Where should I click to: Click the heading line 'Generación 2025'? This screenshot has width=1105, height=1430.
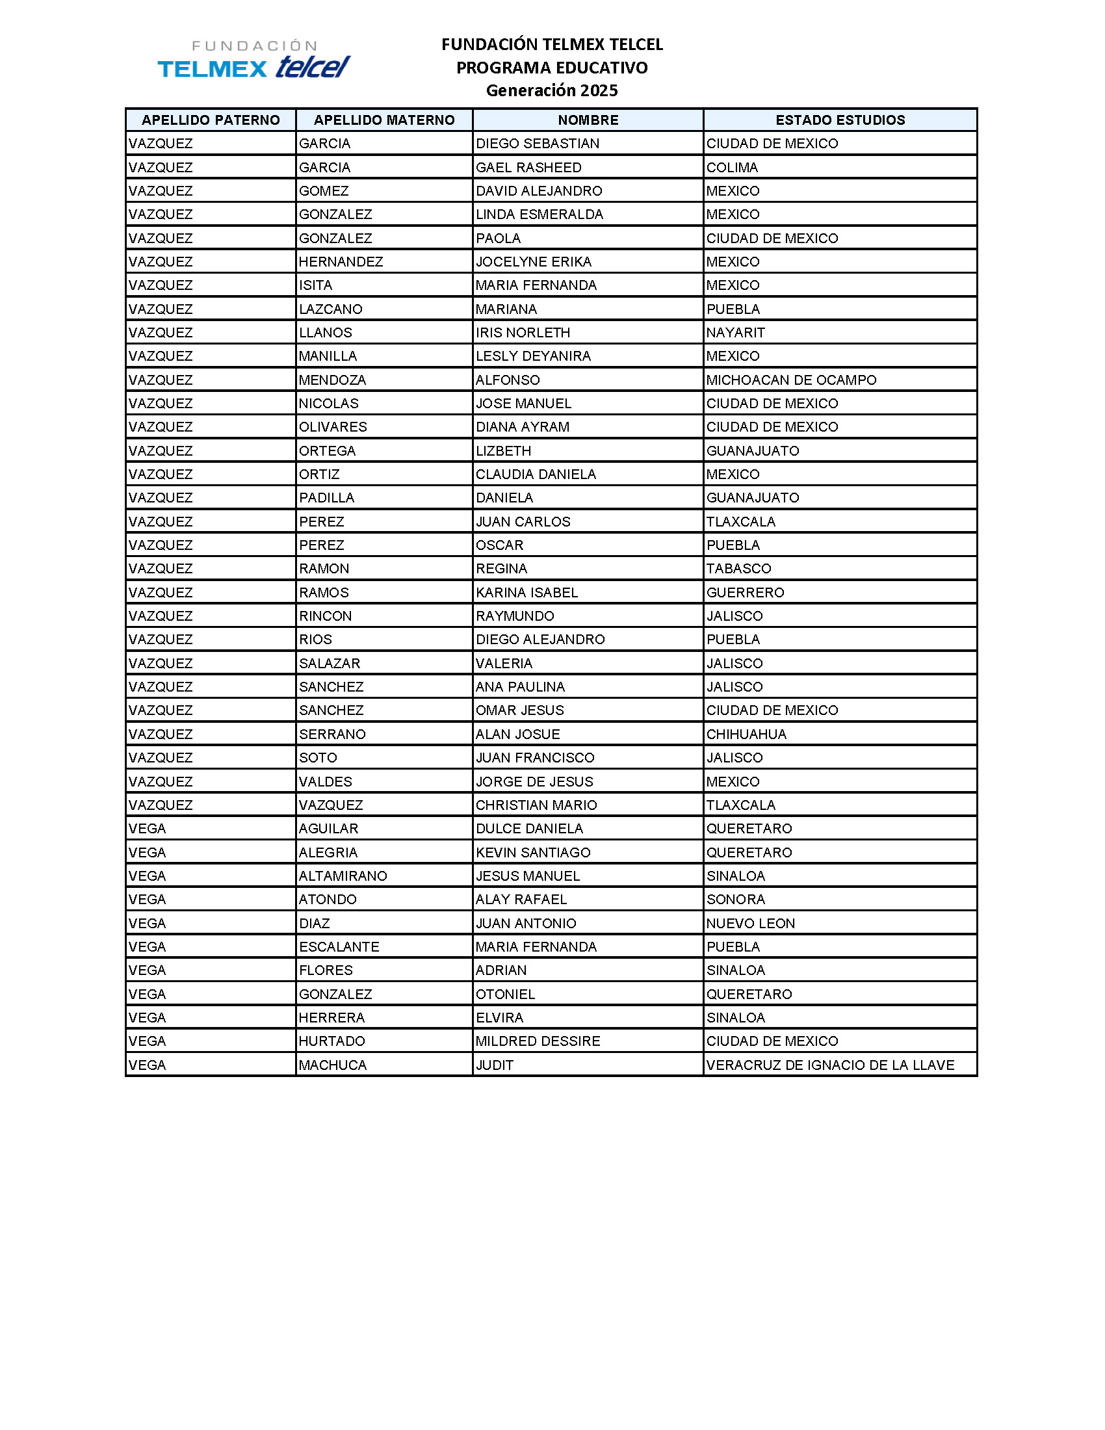[x=551, y=90]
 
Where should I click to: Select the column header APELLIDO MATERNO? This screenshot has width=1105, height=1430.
[x=384, y=120]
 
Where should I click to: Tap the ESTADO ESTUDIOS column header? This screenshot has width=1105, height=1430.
[x=840, y=120]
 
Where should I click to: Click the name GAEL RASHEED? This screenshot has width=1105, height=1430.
[x=528, y=168]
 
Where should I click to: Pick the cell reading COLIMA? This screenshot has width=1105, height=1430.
[x=732, y=168]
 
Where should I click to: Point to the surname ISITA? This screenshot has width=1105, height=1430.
[x=315, y=285]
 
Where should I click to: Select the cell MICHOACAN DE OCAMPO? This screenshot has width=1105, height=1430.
[x=791, y=380]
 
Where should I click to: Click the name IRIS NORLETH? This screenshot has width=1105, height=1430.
[x=523, y=333]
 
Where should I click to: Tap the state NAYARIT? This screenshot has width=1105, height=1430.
[x=735, y=333]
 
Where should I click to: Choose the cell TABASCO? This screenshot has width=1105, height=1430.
[x=738, y=569]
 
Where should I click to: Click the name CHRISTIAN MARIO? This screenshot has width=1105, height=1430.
[x=536, y=805]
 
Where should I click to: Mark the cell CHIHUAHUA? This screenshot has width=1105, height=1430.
[x=746, y=734]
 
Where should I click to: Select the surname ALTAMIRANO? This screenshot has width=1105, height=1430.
[x=343, y=876]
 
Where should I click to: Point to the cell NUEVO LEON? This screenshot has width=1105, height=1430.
[x=750, y=924]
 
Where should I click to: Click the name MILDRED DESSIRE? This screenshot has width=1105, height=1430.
[x=538, y=1042]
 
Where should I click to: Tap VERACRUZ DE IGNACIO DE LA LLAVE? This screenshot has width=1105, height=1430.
[x=830, y=1065]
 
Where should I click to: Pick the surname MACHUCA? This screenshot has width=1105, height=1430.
[x=333, y=1065]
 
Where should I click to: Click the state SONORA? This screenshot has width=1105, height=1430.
[x=735, y=900]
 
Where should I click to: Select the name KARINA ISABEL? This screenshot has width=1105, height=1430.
[x=526, y=593]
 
